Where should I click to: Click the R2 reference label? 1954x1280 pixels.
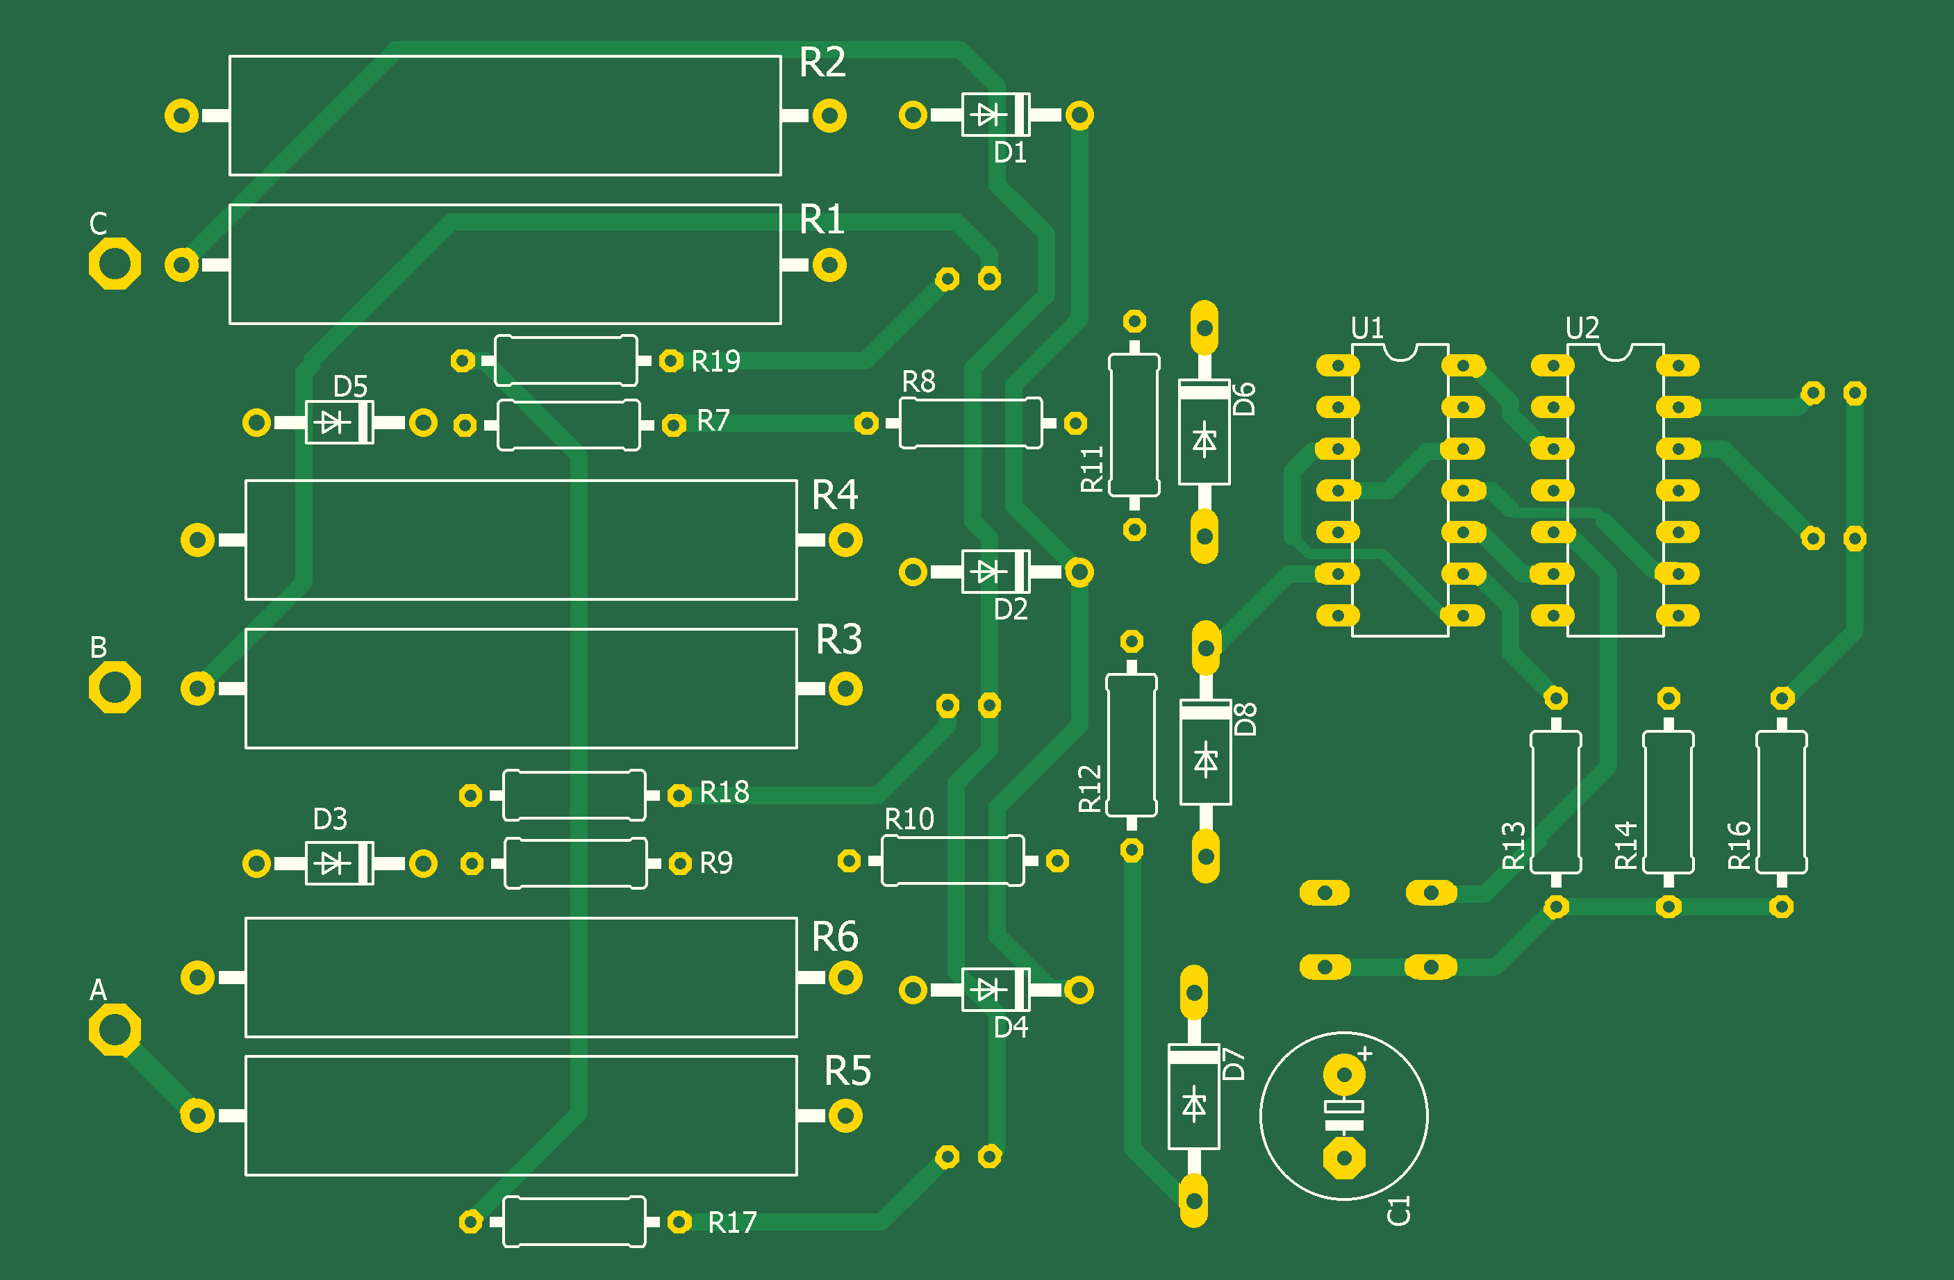click(822, 63)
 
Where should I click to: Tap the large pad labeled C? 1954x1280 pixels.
click(114, 263)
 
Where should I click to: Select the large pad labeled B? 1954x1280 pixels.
click(114, 687)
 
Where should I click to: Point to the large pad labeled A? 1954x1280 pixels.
click(114, 1029)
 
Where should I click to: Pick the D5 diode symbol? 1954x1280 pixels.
click(333, 422)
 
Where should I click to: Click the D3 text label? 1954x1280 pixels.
click(330, 819)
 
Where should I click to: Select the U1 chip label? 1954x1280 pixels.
click(1367, 329)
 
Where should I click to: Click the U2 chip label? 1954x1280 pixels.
click(1582, 329)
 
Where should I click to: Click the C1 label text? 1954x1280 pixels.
click(1398, 1211)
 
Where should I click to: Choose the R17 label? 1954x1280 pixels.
click(731, 1222)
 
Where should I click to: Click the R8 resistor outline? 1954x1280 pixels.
click(970, 423)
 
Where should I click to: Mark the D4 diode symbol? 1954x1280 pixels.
click(988, 990)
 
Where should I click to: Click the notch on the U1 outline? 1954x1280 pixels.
click(1400, 352)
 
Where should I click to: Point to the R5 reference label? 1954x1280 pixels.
click(847, 1071)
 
